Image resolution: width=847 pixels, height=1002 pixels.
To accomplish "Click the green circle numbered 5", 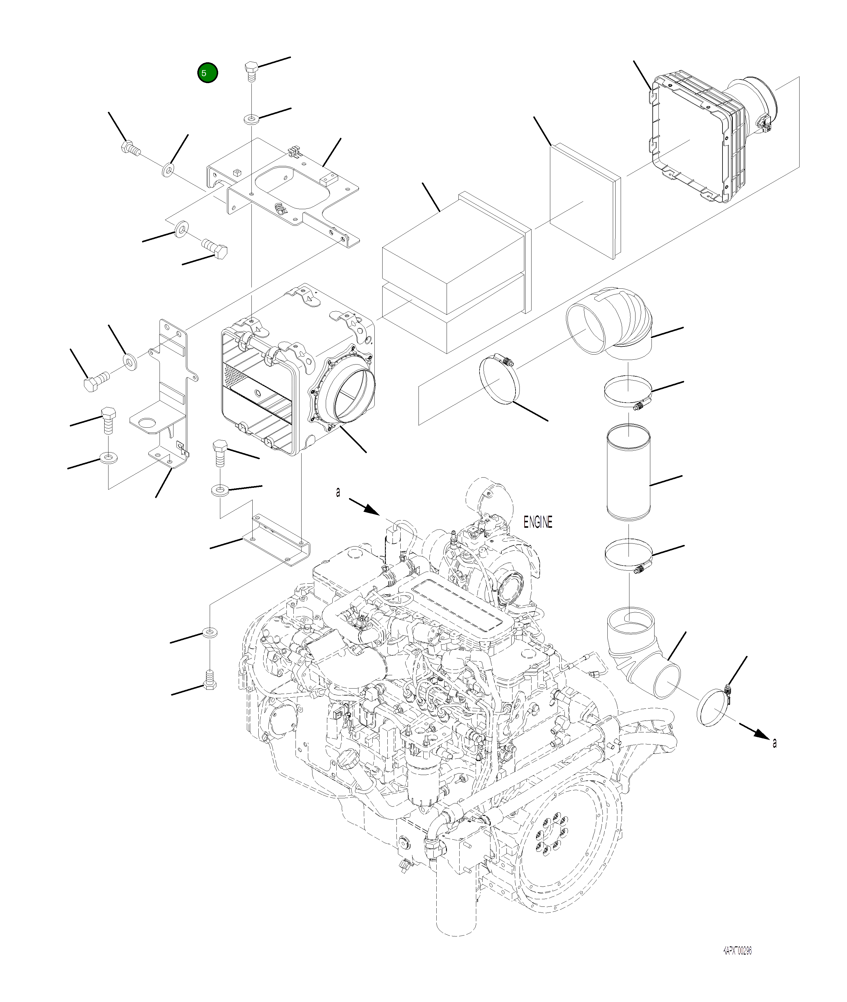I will pos(207,73).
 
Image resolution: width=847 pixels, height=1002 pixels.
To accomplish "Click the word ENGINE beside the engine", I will pos(538,522).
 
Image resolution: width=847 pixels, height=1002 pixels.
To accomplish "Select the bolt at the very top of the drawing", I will pos(252,72).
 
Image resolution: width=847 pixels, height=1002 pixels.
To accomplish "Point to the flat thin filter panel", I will pos(584,200).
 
